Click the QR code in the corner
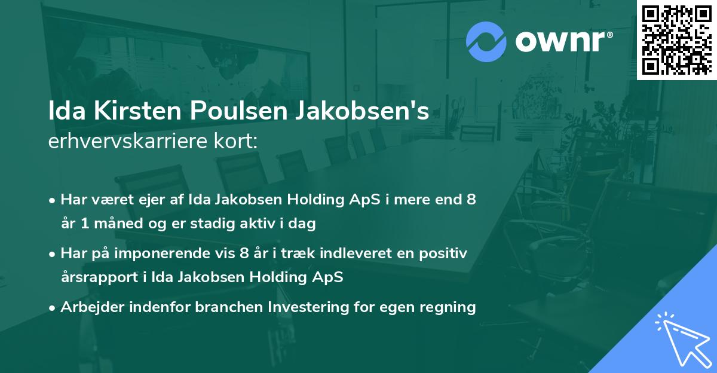pos(676,39)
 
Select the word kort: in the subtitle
pos(239,142)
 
